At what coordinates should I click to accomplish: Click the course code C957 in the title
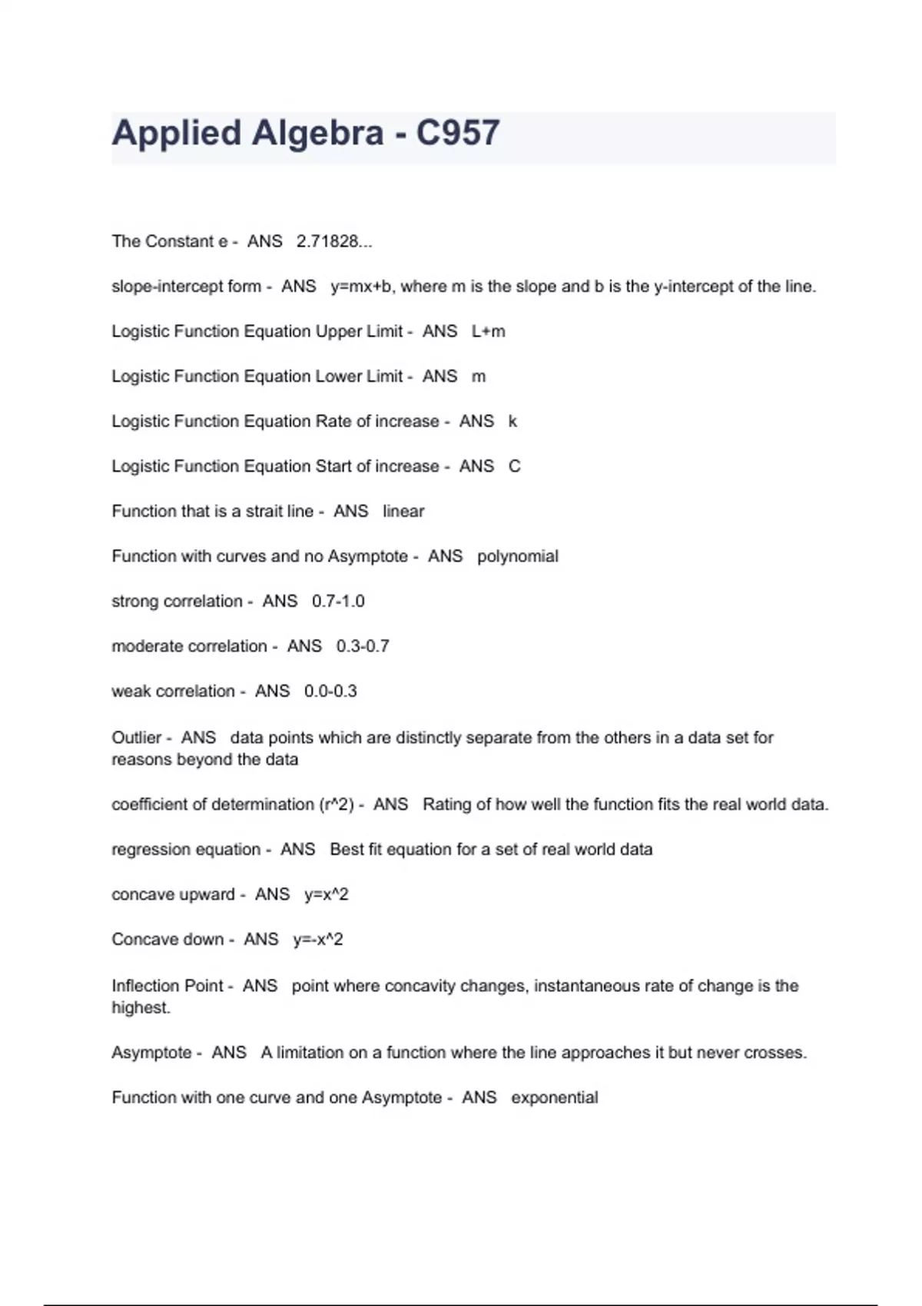[x=458, y=133]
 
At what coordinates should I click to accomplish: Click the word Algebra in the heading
[x=317, y=133]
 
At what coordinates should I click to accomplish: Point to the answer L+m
[x=489, y=331]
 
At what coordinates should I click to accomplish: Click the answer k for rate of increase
[x=512, y=421]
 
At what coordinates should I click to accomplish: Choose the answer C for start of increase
[x=515, y=466]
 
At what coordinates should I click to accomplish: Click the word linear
[x=403, y=511]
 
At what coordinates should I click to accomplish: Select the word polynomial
[x=517, y=556]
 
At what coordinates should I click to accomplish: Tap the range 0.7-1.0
[x=338, y=601]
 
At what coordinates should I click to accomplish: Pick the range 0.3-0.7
[x=363, y=646]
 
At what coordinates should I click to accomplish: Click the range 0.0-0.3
[x=330, y=691]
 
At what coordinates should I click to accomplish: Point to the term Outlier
[x=137, y=738]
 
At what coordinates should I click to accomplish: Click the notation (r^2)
[x=336, y=804]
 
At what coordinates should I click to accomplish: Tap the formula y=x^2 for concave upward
[x=327, y=894]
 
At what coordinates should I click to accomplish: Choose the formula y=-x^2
[x=318, y=940]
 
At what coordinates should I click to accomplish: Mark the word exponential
[x=554, y=1097]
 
